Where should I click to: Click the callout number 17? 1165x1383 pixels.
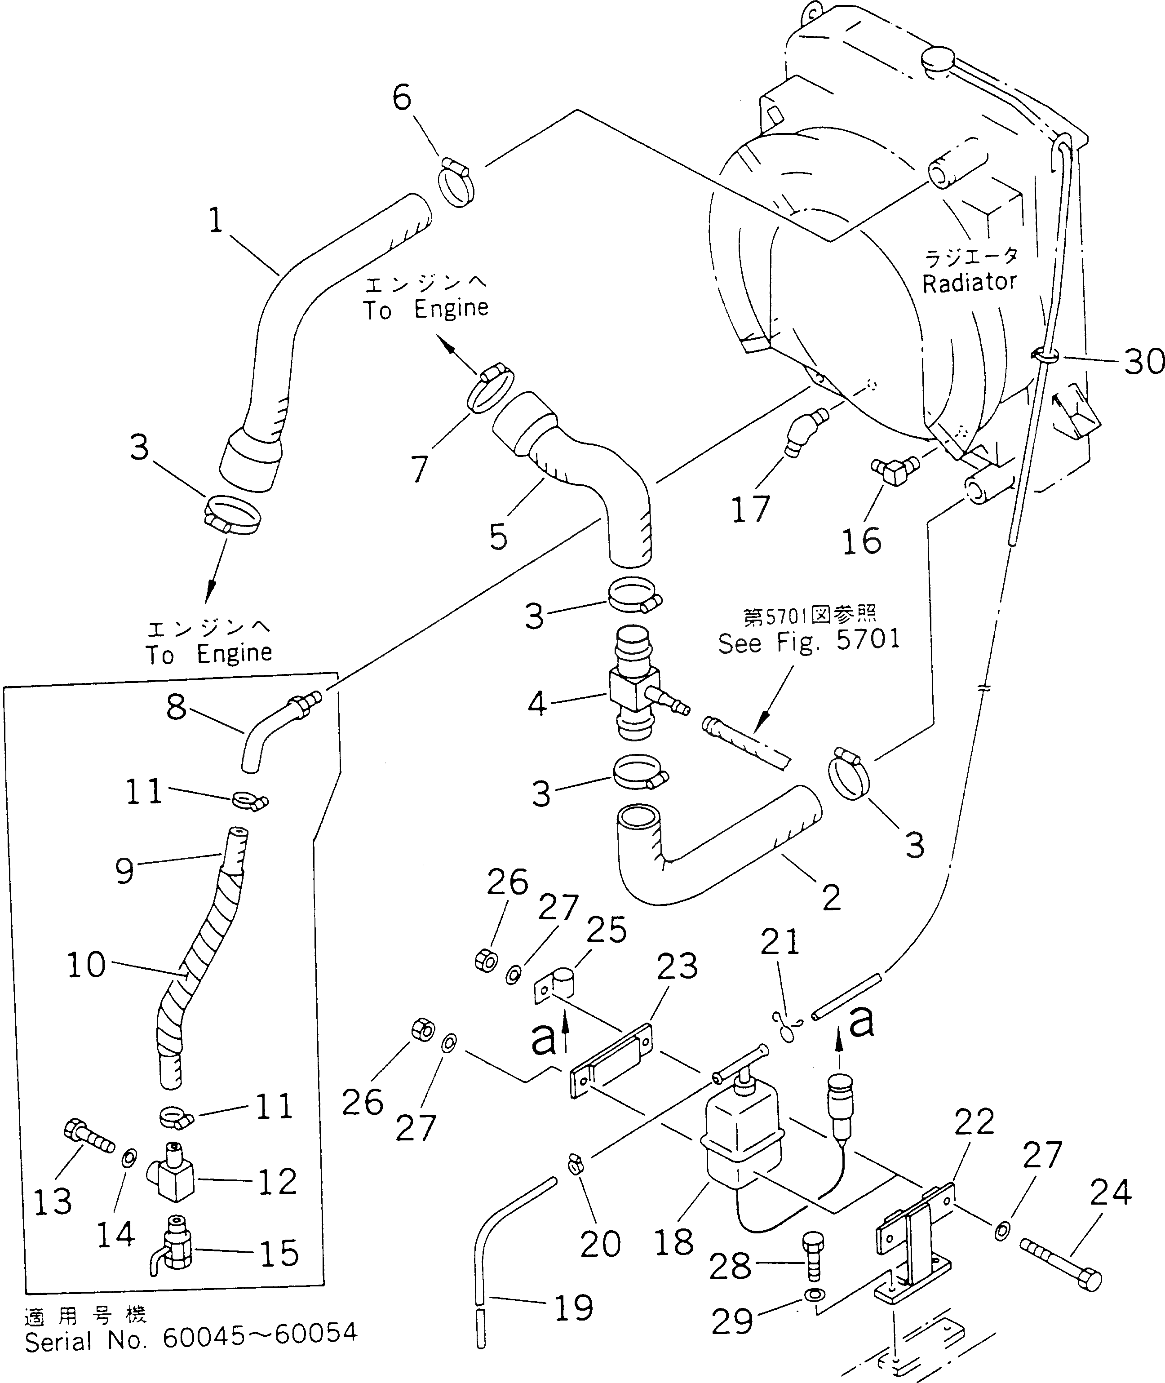[x=751, y=509]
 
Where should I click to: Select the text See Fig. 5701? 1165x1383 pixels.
[x=809, y=641]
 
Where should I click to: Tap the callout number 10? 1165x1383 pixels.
[x=86, y=966]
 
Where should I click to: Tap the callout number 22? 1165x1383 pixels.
[x=974, y=1122]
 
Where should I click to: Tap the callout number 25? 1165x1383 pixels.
[x=606, y=930]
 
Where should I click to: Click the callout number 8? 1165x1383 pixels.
[x=176, y=708]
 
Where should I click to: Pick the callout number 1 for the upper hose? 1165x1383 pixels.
[x=215, y=221]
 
